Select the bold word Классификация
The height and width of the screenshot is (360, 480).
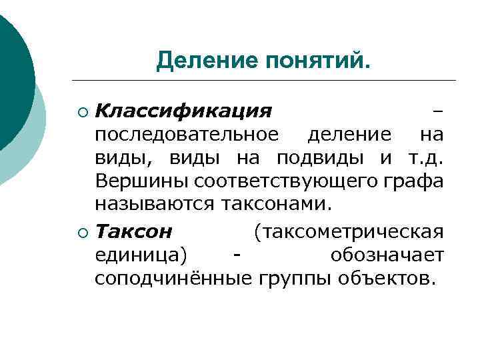pyautogui.click(x=183, y=110)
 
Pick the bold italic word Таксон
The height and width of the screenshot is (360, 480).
pyautogui.click(x=133, y=231)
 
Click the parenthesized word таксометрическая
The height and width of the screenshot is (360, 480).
pyautogui.click(x=348, y=231)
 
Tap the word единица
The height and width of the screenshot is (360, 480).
pyautogui.click(x=141, y=255)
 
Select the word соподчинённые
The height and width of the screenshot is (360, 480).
pyautogui.click(x=172, y=277)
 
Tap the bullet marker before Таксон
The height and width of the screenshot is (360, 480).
pyautogui.click(x=82, y=232)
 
